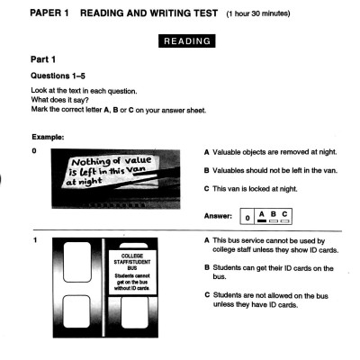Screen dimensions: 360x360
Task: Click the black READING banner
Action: click(186, 40)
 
